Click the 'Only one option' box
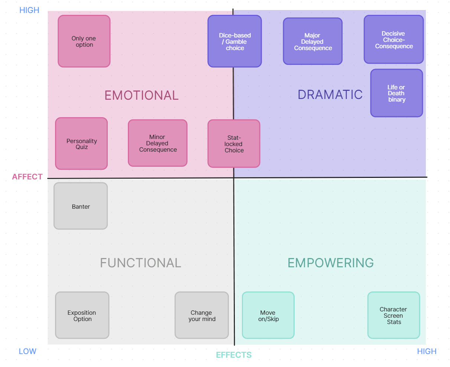[x=84, y=41]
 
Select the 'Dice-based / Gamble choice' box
[x=234, y=41]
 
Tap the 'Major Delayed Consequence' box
[x=313, y=41]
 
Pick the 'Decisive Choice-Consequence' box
[x=394, y=40]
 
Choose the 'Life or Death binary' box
[x=396, y=93]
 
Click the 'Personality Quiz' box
[x=81, y=144]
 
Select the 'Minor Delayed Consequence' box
[x=158, y=143]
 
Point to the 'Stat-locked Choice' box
[x=234, y=144]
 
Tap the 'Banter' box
[x=81, y=206]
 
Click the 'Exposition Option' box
[x=82, y=315]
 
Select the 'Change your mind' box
[x=202, y=315]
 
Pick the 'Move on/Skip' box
[x=268, y=315]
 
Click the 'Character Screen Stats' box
[x=394, y=315]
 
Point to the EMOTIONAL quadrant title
[x=141, y=95]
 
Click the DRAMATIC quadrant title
[x=330, y=95]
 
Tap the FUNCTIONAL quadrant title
[x=140, y=263]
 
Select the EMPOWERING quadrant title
[x=331, y=263]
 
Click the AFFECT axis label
[x=27, y=177]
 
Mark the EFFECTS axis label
[x=234, y=355]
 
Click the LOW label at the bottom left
[x=27, y=351]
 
